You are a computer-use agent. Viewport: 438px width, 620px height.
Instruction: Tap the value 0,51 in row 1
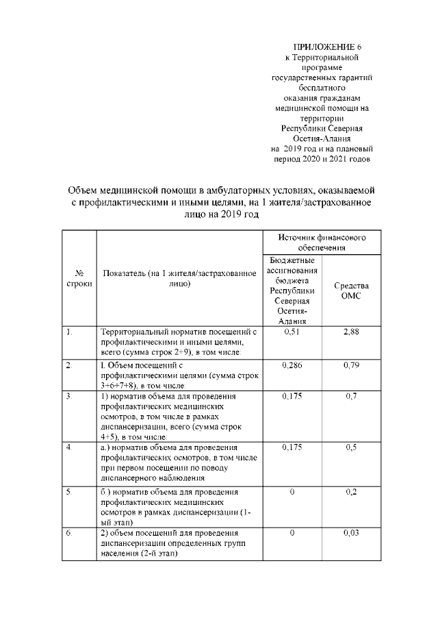292,332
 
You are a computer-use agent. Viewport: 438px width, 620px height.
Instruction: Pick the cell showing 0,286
292,365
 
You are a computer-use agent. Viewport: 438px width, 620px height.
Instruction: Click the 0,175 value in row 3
292,397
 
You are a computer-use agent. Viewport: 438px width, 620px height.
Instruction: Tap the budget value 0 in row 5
292,492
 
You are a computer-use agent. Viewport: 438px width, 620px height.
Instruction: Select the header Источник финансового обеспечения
322,242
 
